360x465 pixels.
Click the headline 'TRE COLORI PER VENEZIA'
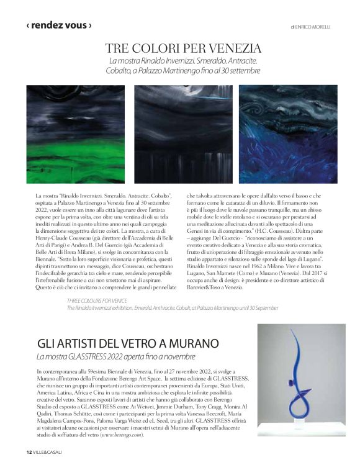[183, 48]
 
